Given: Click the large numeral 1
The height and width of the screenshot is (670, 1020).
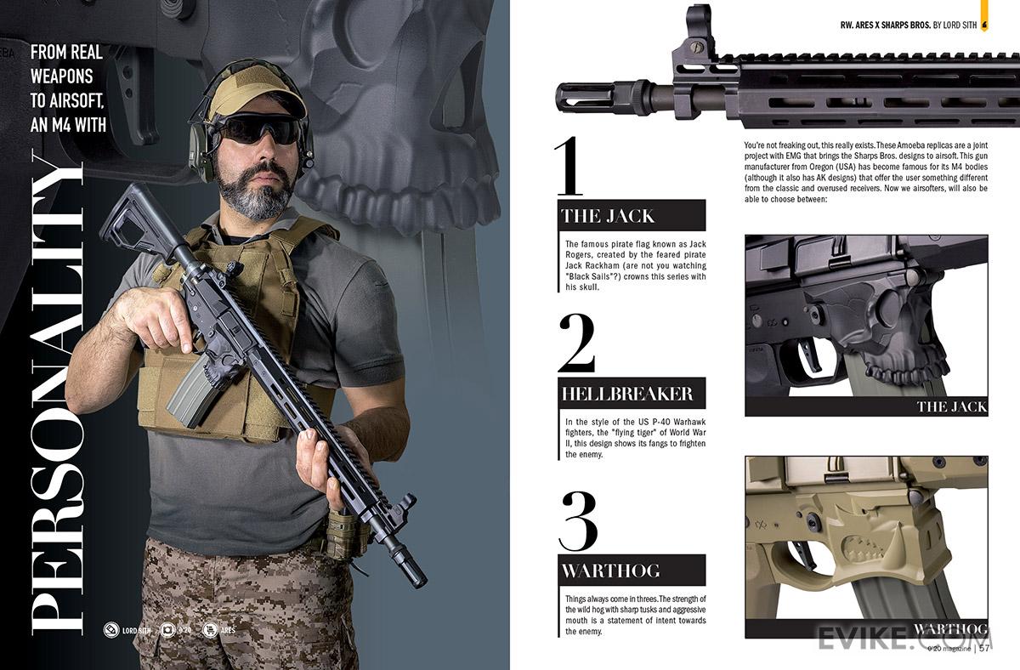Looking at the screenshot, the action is click(569, 167).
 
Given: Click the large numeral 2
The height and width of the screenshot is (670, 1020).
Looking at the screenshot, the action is click(577, 343).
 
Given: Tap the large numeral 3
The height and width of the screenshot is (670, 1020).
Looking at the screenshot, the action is click(579, 520).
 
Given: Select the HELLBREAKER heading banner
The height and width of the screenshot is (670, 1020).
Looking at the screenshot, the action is click(632, 393).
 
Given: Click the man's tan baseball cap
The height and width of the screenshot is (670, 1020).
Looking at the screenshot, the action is click(258, 94).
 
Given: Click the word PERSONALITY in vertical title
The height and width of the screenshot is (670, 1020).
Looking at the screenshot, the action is click(57, 394).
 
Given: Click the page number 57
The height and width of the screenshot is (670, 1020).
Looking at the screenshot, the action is click(984, 648).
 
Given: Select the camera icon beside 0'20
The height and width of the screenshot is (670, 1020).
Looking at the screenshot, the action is click(167, 630).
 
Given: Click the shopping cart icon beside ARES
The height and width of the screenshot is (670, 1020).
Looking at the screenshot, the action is click(210, 630).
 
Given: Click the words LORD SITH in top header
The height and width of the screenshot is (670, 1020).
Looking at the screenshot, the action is click(960, 25).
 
